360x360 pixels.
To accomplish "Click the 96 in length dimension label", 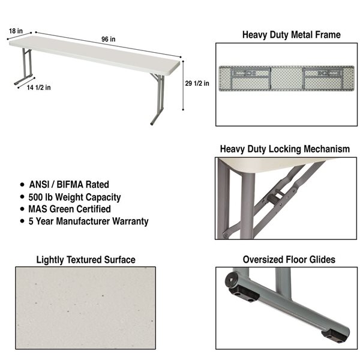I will [x=109, y=40].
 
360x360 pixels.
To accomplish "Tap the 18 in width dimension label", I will [x=16, y=30].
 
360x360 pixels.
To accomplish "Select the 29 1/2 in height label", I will [x=197, y=83].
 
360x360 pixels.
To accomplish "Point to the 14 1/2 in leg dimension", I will [x=38, y=87].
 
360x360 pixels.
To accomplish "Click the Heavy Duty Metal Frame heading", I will [x=291, y=35].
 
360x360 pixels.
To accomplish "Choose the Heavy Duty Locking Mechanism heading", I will [x=284, y=149].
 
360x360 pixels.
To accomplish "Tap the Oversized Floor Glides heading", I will [x=289, y=260].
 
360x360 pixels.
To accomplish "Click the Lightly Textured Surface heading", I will [x=86, y=260].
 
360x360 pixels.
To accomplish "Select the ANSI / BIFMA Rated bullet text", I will [x=68, y=185].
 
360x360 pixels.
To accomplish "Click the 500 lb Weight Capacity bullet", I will [x=74, y=197].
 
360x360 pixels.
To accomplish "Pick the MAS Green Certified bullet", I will [x=69, y=209].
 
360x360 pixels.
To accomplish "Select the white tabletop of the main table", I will [x=96, y=52].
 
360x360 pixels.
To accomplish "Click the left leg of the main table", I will [x=25, y=67].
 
